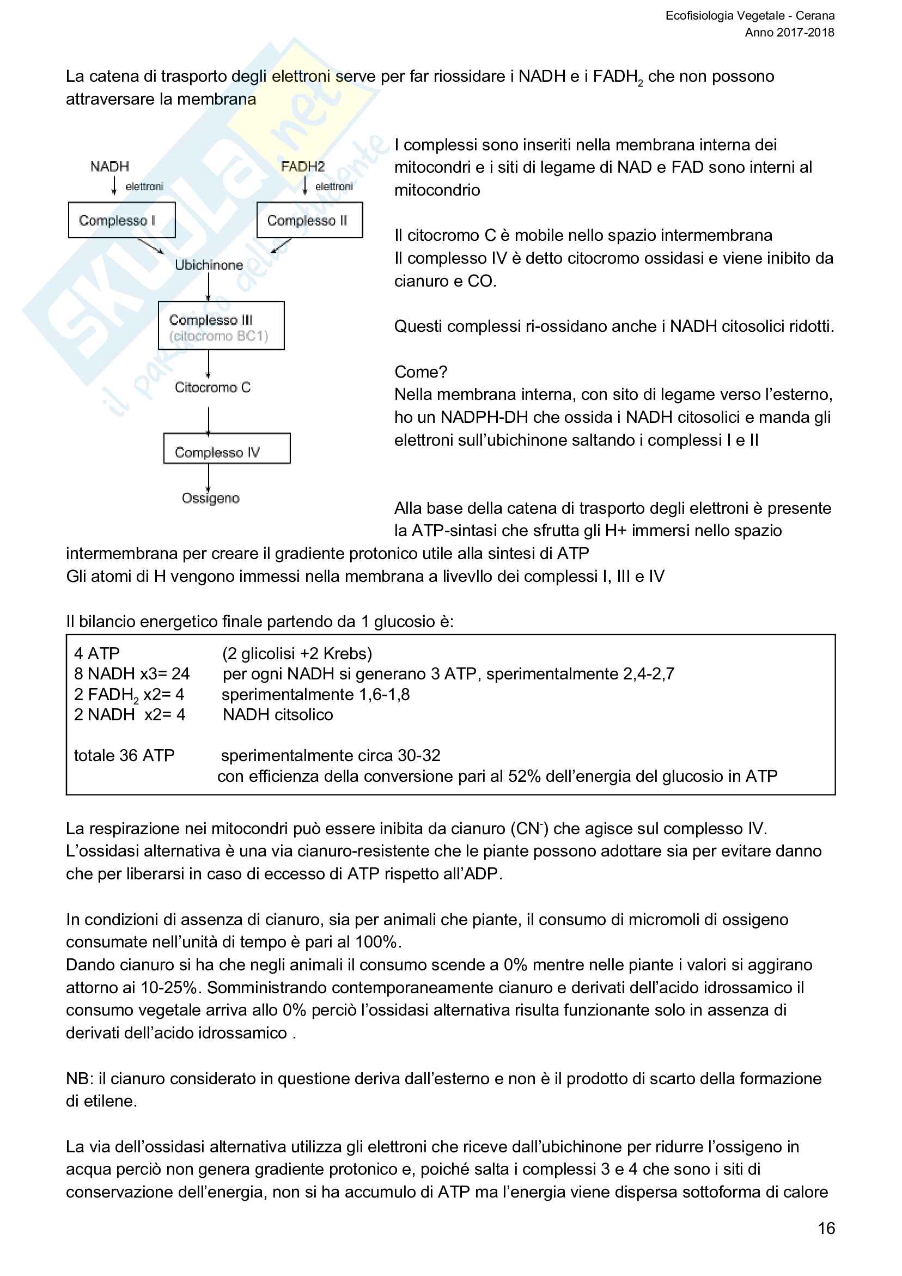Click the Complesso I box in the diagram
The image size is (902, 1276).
(x=121, y=220)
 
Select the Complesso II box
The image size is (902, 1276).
(x=309, y=220)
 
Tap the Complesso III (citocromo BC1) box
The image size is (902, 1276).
(x=221, y=326)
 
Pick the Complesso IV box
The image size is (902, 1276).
(x=227, y=448)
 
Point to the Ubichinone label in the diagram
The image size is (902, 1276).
(x=209, y=265)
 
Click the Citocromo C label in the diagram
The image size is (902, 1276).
(x=212, y=387)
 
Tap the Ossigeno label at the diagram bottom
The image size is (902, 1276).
(x=210, y=498)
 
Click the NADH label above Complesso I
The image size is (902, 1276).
(x=109, y=167)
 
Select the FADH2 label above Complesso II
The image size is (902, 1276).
(x=302, y=167)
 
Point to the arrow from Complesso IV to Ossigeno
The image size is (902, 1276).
(x=209, y=477)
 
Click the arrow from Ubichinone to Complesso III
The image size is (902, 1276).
(x=209, y=287)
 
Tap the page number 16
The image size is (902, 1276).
(x=826, y=1228)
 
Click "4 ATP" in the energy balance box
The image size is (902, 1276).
(x=97, y=654)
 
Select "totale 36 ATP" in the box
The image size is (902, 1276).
(x=124, y=756)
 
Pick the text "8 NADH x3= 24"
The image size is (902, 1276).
(x=132, y=674)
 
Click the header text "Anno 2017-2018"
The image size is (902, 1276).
(x=789, y=32)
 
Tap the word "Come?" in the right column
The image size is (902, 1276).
(x=420, y=372)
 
